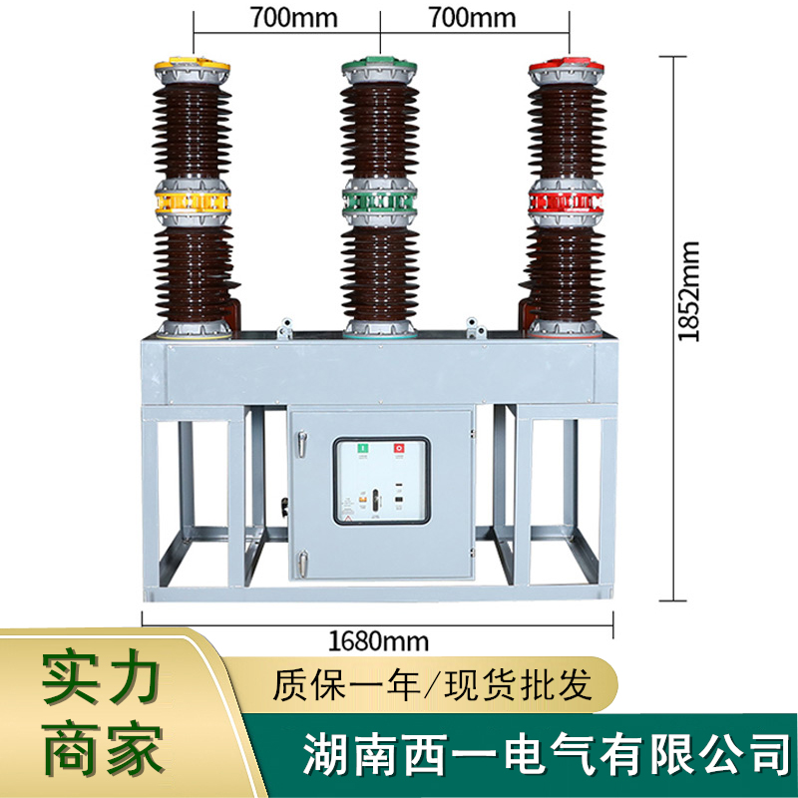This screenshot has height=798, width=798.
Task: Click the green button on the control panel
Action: [363, 449]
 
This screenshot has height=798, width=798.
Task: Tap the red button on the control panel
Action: [400, 449]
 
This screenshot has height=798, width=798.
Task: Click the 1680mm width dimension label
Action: [378, 639]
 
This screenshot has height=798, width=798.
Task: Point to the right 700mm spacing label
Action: [472, 17]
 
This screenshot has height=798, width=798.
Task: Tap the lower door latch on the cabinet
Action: [287, 508]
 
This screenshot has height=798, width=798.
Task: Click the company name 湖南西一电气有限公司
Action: [546, 749]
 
